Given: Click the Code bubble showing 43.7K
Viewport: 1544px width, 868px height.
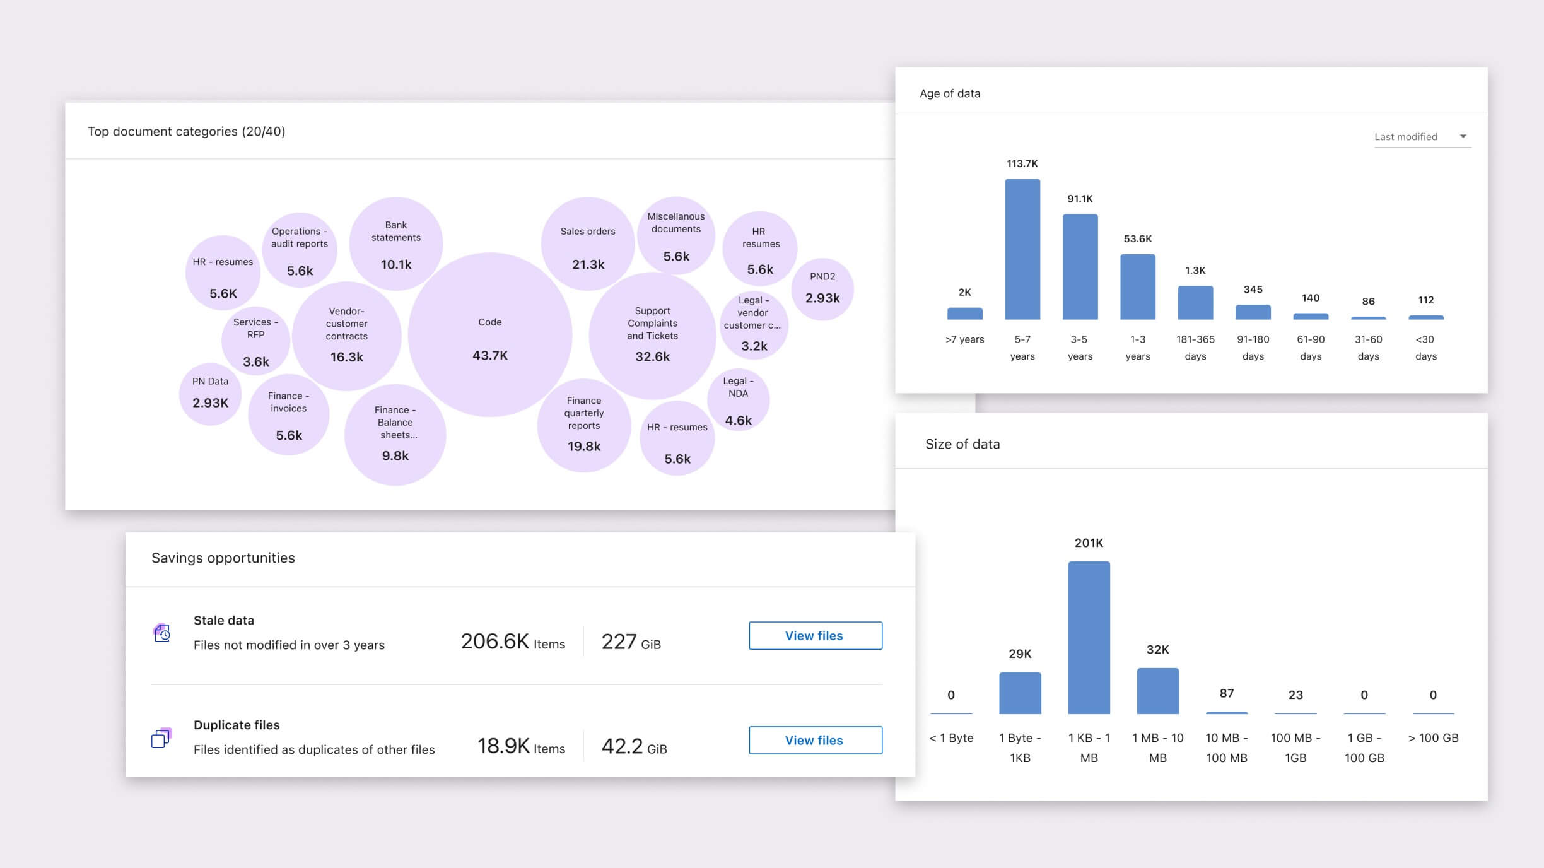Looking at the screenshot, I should coord(490,335).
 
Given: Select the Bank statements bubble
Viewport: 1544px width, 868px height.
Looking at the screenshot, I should coord(396,244).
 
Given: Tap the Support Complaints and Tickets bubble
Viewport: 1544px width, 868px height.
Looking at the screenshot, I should coord(652,335).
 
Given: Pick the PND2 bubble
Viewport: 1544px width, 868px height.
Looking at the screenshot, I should coord(822,289).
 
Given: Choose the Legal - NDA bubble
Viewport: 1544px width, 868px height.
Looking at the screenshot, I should coord(738,400).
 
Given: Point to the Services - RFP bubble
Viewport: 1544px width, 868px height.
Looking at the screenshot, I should coord(255,341).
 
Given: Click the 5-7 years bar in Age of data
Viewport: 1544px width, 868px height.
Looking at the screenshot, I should coord(1022,249).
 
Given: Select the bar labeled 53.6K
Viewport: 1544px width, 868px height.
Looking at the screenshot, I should coord(1138,287).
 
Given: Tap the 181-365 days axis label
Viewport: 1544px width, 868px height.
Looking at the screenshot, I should coord(1195,348).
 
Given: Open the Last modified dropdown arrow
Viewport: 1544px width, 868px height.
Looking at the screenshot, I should coord(1463,136).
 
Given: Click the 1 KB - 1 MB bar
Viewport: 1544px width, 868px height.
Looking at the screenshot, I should coord(1089,637).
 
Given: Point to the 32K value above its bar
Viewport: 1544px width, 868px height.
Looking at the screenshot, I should coord(1157,650).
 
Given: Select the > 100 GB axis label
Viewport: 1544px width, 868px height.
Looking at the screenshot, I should coord(1433,737).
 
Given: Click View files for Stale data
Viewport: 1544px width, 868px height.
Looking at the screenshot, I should coord(815,636).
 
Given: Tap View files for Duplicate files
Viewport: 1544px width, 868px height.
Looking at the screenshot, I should coord(815,741).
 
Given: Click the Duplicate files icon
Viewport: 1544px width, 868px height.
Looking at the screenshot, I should coord(161,737).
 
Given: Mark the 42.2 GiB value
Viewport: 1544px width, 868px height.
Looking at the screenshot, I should coord(634,746).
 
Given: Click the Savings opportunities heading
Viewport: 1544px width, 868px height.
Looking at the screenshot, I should coord(223,558).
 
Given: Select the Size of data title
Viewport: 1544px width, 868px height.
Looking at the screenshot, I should coord(962,444).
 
